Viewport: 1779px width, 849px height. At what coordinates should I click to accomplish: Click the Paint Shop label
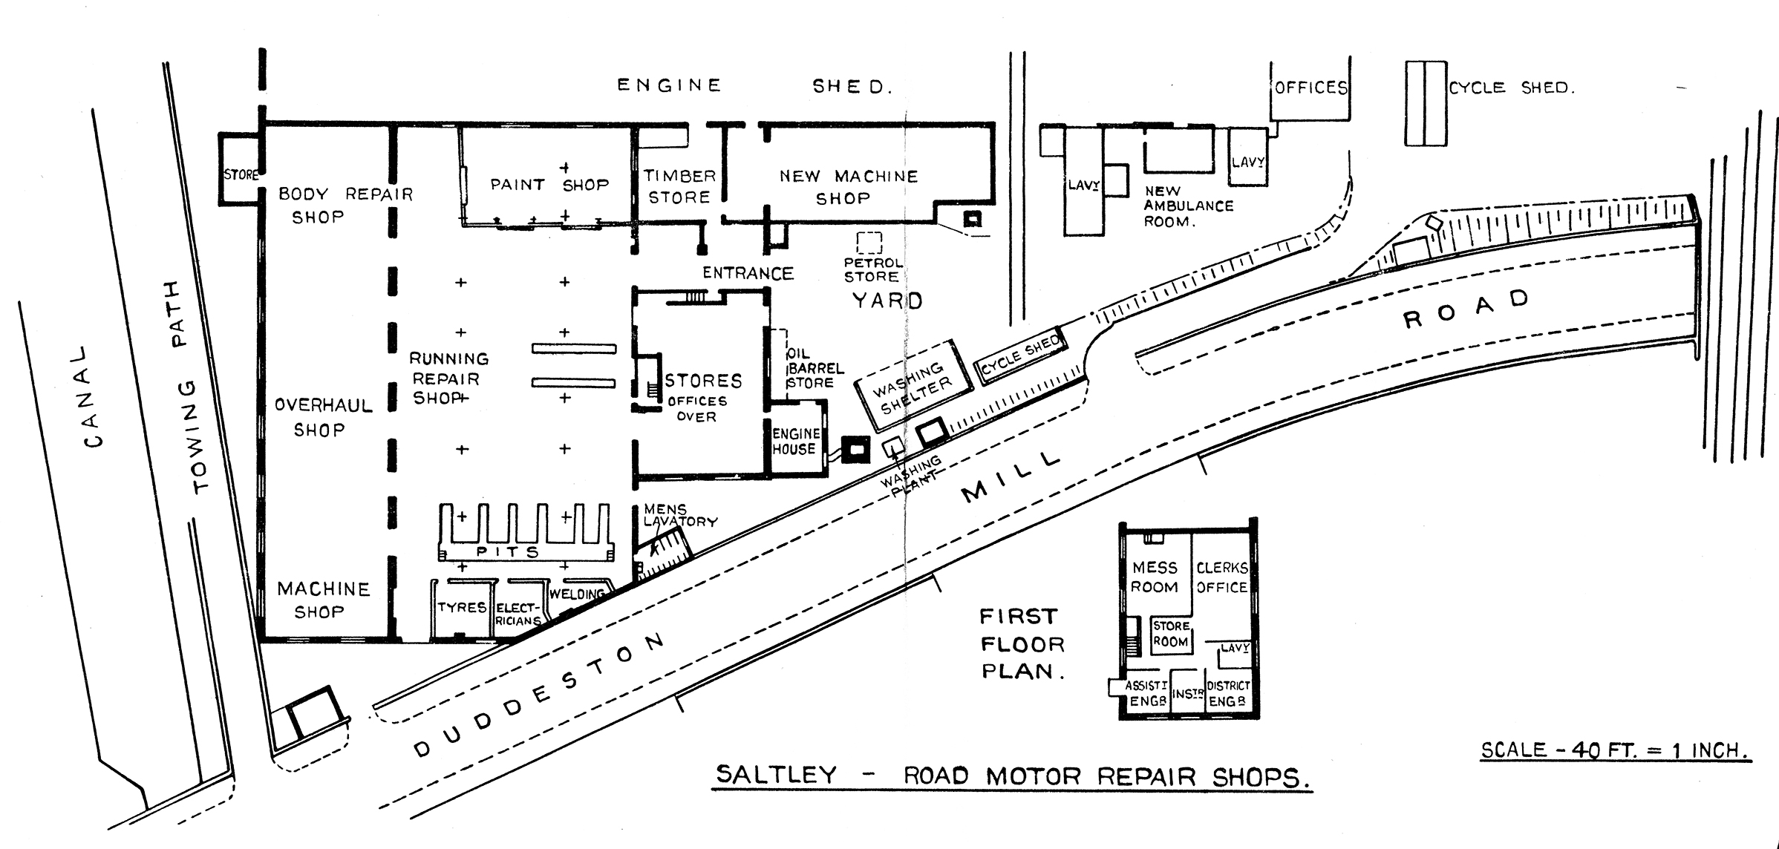tap(549, 184)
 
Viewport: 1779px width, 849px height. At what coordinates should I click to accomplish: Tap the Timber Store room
tap(679, 186)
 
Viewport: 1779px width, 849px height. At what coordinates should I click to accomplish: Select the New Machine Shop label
tap(848, 187)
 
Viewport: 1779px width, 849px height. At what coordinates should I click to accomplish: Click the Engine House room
tap(797, 441)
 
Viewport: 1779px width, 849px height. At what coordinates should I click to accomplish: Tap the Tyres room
tap(462, 608)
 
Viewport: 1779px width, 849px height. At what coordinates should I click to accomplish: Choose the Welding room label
tap(576, 594)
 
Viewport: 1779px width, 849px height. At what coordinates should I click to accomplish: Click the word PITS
tap(508, 552)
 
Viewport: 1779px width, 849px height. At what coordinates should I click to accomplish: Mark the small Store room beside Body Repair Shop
tap(240, 175)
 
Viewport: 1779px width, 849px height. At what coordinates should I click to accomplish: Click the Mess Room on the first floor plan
tap(1155, 577)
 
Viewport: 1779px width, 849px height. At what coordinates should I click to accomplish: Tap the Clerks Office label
tap(1221, 577)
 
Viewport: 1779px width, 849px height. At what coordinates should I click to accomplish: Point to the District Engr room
tap(1227, 694)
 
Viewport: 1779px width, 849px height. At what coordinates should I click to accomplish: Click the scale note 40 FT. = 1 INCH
tap(1616, 750)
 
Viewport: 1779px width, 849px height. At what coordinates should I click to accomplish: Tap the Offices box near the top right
tap(1310, 88)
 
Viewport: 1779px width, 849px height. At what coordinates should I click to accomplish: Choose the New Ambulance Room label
tap(1188, 206)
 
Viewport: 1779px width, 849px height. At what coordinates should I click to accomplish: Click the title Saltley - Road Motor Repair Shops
tap(1011, 776)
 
